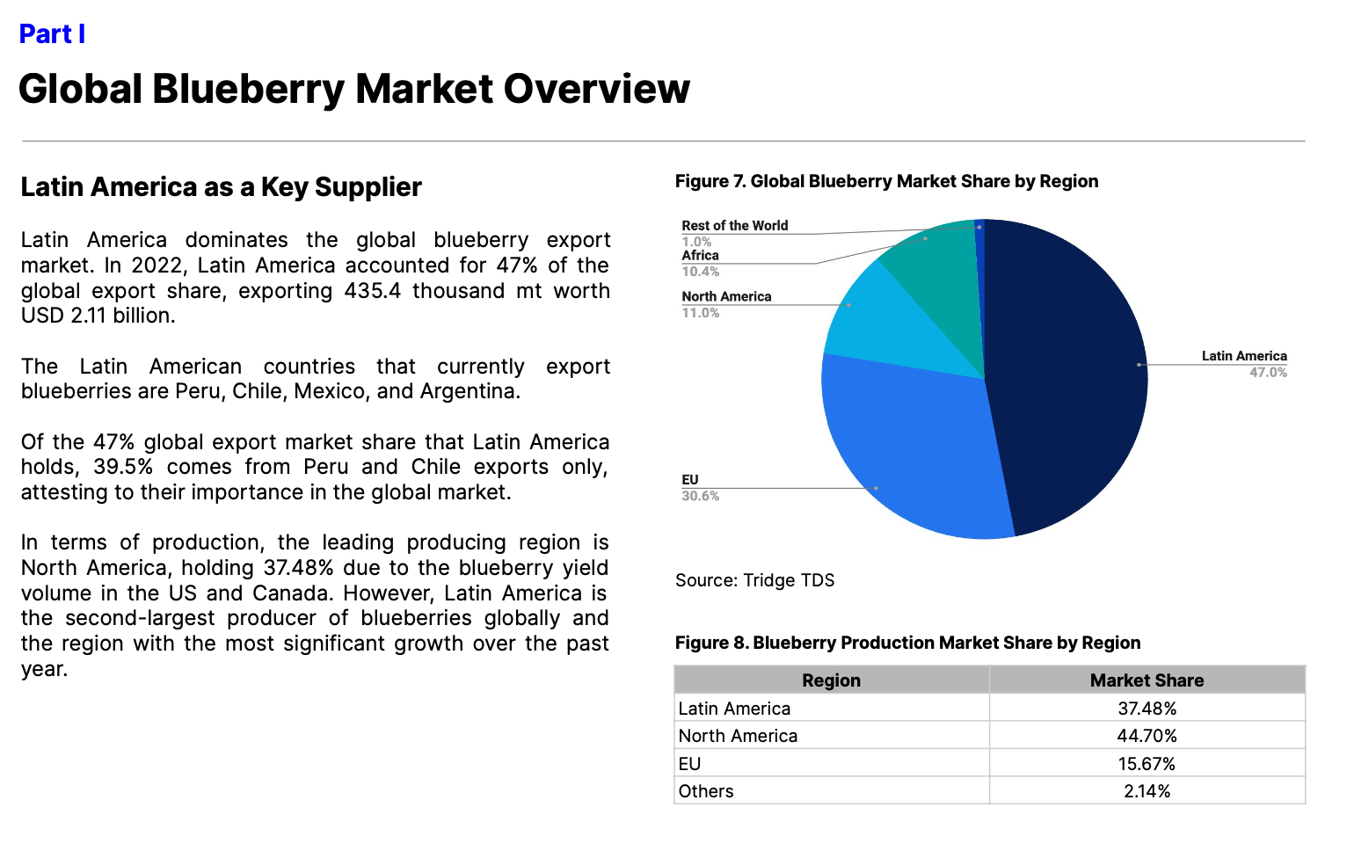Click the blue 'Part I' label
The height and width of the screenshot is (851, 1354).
(x=52, y=34)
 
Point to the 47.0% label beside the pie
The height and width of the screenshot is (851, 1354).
(x=1268, y=373)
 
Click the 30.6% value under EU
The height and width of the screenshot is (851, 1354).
(x=701, y=497)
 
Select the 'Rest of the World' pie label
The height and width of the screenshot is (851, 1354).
(x=734, y=226)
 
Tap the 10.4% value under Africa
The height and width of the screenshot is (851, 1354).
(x=701, y=272)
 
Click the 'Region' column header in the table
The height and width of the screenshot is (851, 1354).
(x=831, y=680)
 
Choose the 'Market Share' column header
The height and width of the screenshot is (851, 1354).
(x=1147, y=680)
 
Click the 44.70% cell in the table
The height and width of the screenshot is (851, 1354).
(x=1147, y=736)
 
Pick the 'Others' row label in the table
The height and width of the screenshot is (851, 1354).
(x=706, y=791)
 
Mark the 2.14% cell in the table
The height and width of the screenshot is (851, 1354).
(x=1147, y=791)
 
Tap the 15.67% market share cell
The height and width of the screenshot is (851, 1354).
(x=1147, y=764)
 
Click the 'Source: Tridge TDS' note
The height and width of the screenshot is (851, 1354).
(x=754, y=580)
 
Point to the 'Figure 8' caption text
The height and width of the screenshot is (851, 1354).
(x=907, y=643)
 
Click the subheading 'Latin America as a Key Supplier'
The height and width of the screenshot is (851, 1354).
(x=222, y=187)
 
